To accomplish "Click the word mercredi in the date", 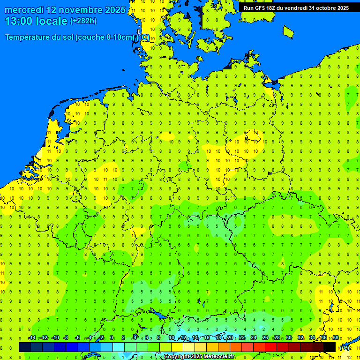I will pos(23,10).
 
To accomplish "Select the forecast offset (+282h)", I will pos(83,21).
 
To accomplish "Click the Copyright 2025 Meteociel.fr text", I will pos(199,356).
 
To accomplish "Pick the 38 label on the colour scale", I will pos(336,338).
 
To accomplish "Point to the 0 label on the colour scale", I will pos(112,338).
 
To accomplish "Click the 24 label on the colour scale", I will pos(254,338).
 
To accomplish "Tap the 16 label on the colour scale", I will pos(207,338).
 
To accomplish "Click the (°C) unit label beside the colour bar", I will pos(345,347).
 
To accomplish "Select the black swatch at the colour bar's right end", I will pos(330,347).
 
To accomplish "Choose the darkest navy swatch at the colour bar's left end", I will pos(25,347).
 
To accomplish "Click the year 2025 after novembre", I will pos(114,10).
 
